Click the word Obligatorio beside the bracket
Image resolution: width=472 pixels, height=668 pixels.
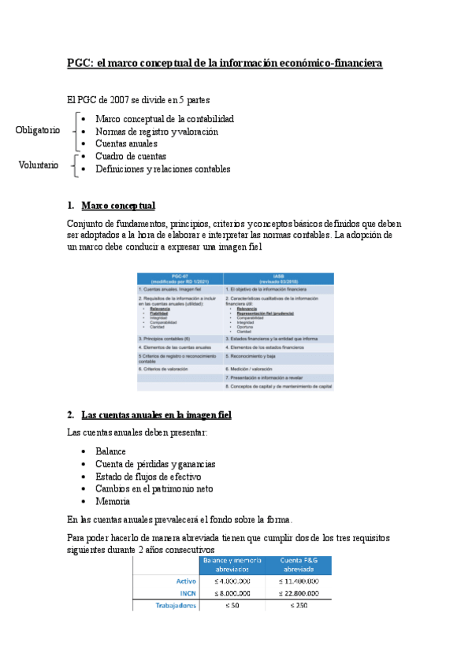(x=37, y=131)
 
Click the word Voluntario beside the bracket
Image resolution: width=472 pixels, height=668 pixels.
(x=38, y=165)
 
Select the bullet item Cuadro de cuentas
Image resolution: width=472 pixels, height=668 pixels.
(x=126, y=157)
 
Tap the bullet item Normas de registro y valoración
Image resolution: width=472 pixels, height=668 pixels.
(x=156, y=132)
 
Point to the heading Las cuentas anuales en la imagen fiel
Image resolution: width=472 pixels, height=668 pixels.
(x=156, y=414)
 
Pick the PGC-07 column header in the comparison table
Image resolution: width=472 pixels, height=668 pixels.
(x=180, y=279)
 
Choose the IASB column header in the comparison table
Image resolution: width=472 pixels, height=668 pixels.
(x=278, y=279)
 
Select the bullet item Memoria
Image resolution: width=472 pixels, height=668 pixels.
(x=113, y=501)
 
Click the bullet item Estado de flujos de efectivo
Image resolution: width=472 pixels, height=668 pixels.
(x=148, y=477)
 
